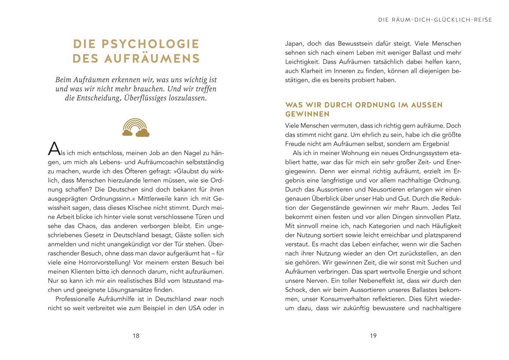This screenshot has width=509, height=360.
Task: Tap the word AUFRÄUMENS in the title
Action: pyautogui.click(x=152, y=58)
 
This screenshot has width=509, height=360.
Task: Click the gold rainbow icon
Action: pyautogui.click(x=136, y=128)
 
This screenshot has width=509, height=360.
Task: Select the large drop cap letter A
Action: pyautogui.click(x=54, y=148)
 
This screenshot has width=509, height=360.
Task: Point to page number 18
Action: pyautogui.click(x=136, y=336)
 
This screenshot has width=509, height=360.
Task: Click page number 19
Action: pyautogui.click(x=373, y=336)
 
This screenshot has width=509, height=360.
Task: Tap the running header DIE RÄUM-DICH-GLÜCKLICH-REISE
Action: pyautogui.click(x=435, y=20)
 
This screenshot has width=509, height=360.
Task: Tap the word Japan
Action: pyautogui.click(x=295, y=44)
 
